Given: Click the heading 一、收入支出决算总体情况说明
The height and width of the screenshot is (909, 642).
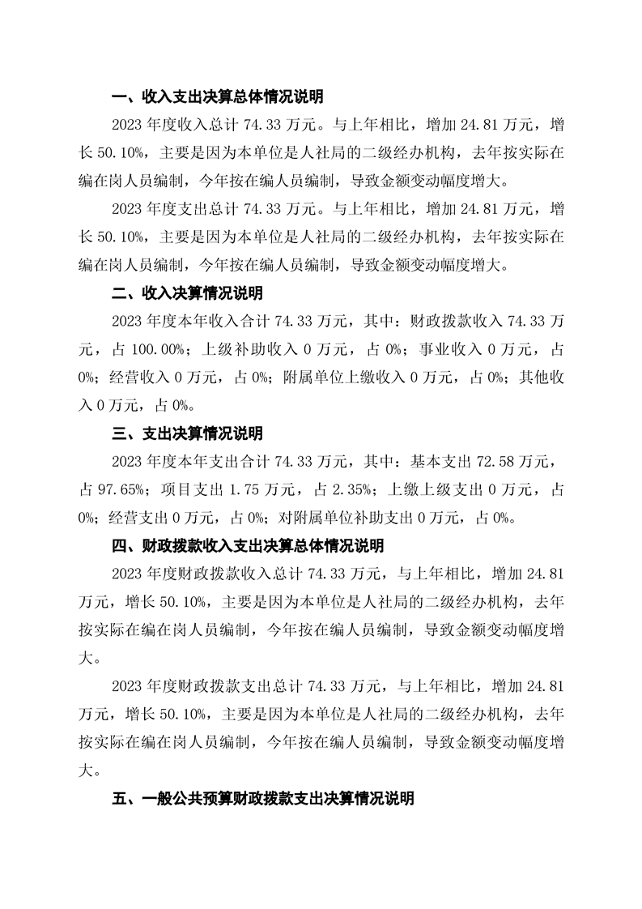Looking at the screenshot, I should pos(218,97).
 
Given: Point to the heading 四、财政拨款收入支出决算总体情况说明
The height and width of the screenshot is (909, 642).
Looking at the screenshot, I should pos(248,546).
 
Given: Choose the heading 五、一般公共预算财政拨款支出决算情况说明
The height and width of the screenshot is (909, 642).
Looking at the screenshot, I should pos(263,799).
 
